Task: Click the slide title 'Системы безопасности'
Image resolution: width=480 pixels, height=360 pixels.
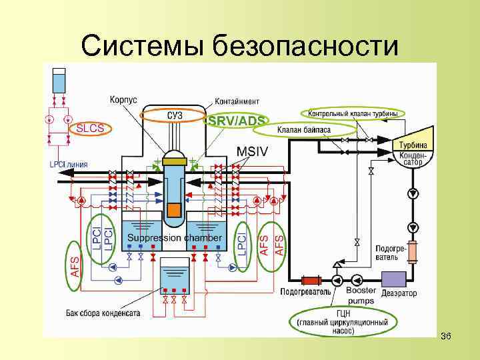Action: [240, 45]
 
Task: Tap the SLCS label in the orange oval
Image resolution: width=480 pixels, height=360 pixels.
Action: [90, 128]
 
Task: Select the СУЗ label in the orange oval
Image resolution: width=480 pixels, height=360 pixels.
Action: [175, 116]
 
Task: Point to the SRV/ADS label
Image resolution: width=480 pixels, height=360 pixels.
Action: [237, 121]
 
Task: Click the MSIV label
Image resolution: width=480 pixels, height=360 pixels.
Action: [253, 151]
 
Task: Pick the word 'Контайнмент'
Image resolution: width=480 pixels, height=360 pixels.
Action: [237, 101]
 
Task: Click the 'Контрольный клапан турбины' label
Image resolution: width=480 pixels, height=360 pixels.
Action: [353, 114]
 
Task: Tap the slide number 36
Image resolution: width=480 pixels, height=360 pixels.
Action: [446, 336]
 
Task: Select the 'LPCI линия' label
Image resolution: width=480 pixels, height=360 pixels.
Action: [69, 164]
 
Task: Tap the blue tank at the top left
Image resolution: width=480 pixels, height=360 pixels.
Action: [59, 81]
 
